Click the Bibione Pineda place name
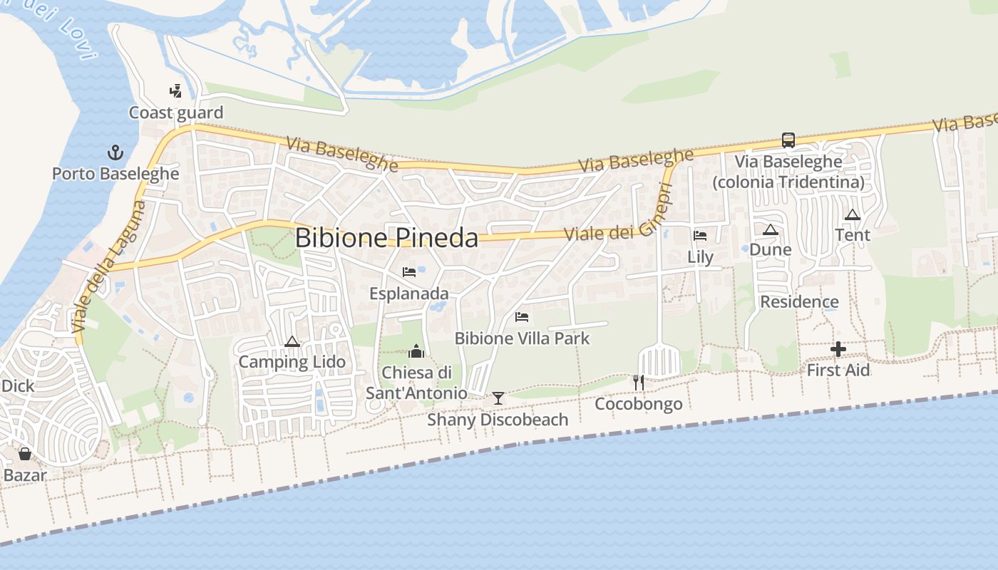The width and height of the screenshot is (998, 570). click(x=386, y=238)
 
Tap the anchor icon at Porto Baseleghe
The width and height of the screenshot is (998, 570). click(x=115, y=152)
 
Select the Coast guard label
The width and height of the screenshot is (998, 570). click(x=176, y=113)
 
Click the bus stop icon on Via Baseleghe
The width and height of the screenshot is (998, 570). click(x=788, y=140)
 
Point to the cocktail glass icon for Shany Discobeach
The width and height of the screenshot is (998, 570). click(x=498, y=398)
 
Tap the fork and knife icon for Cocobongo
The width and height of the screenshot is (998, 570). click(x=639, y=383)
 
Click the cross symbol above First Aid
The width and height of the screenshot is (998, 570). click(x=838, y=349)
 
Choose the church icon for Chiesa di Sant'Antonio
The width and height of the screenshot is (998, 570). click(x=416, y=351)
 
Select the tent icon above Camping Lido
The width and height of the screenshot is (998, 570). click(x=292, y=342)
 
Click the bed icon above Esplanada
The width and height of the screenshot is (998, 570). click(x=409, y=272)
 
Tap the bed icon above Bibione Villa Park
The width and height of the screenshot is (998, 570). click(x=522, y=316)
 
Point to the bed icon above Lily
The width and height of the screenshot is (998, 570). click(x=700, y=236)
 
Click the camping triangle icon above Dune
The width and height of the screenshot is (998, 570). click(x=770, y=229)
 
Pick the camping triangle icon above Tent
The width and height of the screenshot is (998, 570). click(x=853, y=214)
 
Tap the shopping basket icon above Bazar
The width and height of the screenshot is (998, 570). click(x=25, y=454)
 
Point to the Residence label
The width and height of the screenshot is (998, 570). click(x=799, y=302)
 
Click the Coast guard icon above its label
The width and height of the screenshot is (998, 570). click(x=175, y=91)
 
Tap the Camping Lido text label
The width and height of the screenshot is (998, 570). click(x=292, y=362)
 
